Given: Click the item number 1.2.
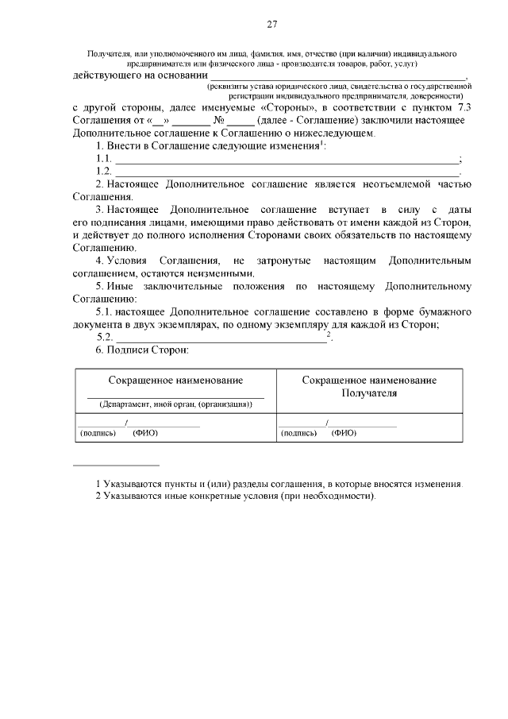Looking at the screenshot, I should click(103, 171).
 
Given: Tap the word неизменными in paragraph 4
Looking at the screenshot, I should click(208, 273).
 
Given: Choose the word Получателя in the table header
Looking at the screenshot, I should click(369, 392).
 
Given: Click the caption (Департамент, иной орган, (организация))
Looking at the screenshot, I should click(175, 404).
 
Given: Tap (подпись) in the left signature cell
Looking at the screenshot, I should click(98, 433).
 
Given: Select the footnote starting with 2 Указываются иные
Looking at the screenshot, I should click(235, 496).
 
